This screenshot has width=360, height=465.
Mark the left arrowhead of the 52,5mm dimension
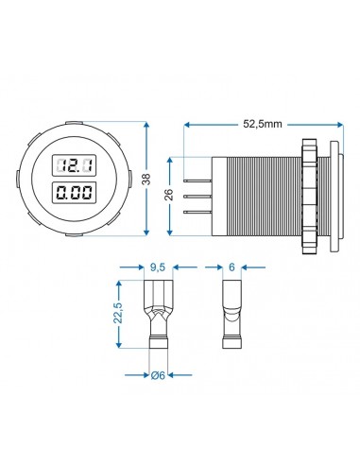pos(187,124)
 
